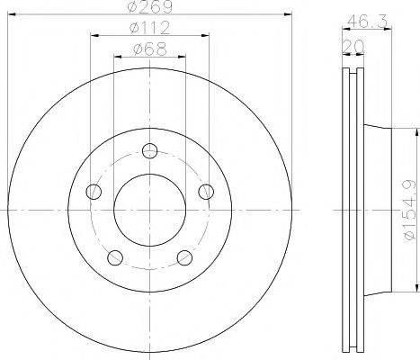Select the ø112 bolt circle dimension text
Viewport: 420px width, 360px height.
[150, 27]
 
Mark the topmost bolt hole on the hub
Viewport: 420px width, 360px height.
[150, 149]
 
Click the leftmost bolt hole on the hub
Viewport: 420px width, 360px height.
[92, 191]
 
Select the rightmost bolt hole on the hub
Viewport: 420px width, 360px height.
[208, 191]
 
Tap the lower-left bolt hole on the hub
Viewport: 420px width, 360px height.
[114, 259]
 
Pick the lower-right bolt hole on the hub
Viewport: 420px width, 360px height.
[186, 259]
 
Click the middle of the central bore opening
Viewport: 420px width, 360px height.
[150, 211]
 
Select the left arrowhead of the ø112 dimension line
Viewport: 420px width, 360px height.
[94, 35]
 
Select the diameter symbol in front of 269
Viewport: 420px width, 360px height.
[131, 7]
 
